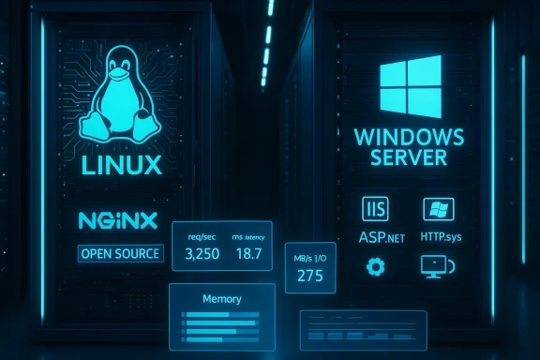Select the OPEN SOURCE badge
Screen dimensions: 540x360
[x=120, y=253]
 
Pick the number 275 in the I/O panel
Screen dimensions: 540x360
[x=309, y=276]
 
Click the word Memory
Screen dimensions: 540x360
[x=221, y=299]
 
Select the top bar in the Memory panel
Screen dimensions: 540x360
[x=221, y=313]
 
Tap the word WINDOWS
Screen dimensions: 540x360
[x=409, y=138]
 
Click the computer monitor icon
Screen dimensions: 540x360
[x=437, y=267]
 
